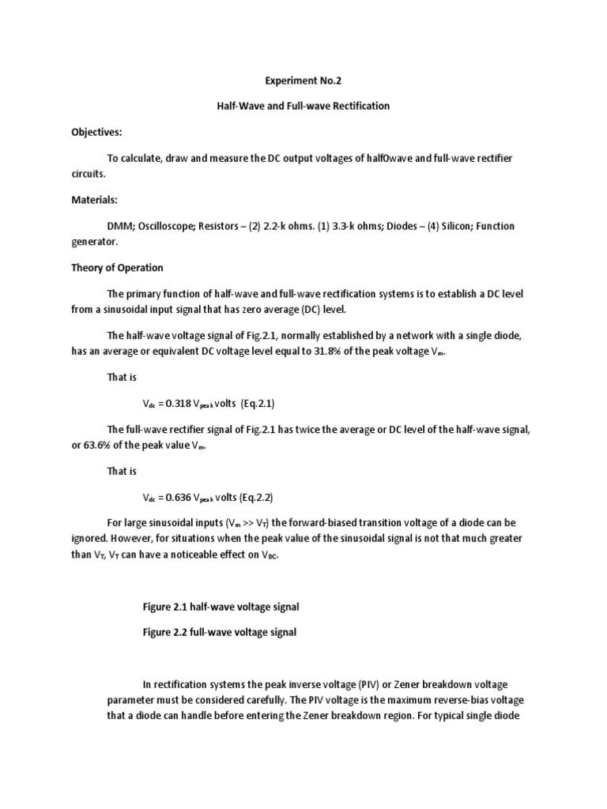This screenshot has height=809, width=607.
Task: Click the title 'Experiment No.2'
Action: pos(304,80)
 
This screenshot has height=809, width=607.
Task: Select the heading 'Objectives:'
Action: pos(97,132)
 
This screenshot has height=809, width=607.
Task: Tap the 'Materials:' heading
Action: pos(94,200)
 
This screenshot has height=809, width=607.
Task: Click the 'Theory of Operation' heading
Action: pos(116,268)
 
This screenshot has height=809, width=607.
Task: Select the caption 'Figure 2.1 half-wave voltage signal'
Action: pos(221,606)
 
